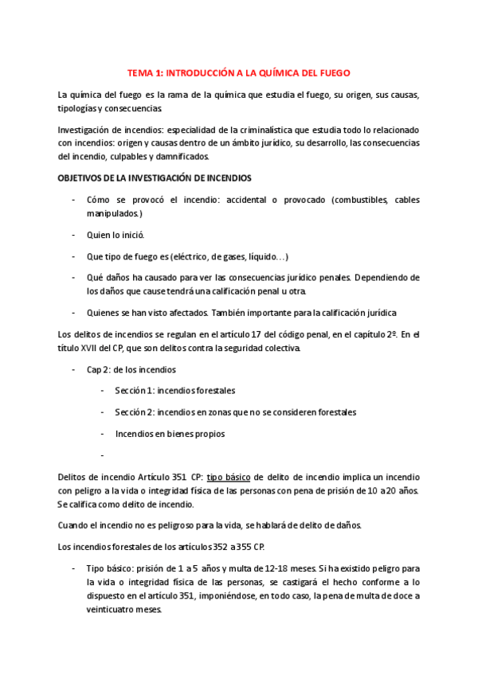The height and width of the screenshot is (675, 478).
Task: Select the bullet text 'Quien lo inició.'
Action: (116, 235)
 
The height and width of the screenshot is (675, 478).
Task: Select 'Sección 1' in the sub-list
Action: (135, 391)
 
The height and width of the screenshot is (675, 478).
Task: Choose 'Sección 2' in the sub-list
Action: (135, 412)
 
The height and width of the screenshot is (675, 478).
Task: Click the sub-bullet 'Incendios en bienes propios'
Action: (170, 434)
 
